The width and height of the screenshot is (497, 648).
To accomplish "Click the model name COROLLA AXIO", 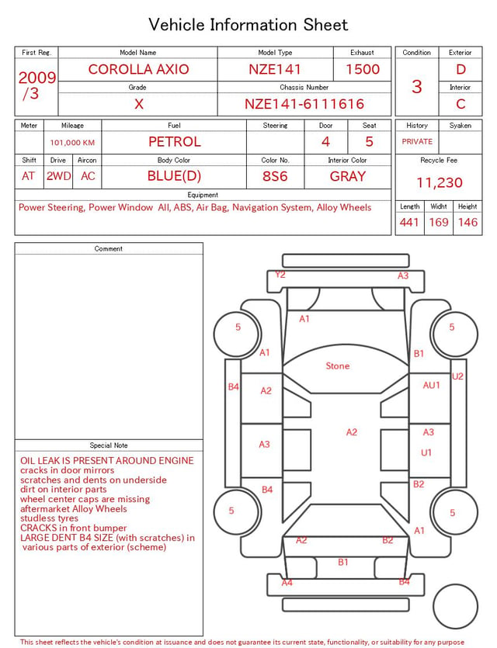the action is pyautogui.click(x=138, y=69).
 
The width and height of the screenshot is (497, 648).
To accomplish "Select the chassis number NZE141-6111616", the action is pyautogui.click(x=304, y=104).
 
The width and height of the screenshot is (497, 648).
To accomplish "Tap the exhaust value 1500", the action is pyautogui.click(x=363, y=69).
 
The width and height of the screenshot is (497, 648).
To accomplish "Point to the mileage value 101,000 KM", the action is pyautogui.click(x=72, y=143).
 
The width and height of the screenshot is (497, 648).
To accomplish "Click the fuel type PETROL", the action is pyautogui.click(x=175, y=142).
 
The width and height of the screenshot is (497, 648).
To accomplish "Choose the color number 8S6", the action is pyautogui.click(x=275, y=176).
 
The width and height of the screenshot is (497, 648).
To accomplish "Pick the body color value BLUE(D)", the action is pyautogui.click(x=174, y=176).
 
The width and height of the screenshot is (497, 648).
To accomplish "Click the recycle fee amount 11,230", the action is pyautogui.click(x=439, y=182).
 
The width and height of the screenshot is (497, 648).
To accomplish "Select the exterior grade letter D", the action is pyautogui.click(x=461, y=69).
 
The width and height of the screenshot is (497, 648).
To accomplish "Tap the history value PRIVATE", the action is pyautogui.click(x=417, y=141).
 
